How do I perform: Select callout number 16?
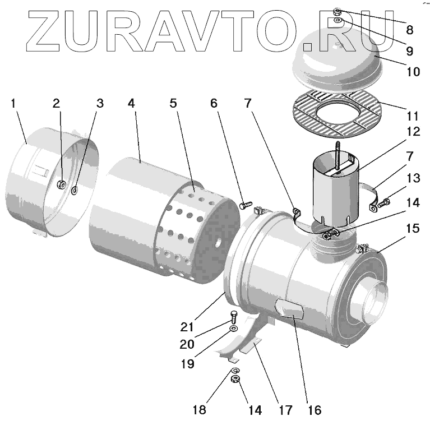coord(315,410)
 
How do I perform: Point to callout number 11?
coord(413,117)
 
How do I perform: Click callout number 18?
coord(198,410)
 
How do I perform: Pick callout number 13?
coord(413,178)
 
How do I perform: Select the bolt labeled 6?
coord(244,205)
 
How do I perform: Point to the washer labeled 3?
coord(75,191)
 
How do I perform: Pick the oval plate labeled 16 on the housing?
coord(289,309)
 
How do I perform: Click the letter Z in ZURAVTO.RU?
coord(44,27)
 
